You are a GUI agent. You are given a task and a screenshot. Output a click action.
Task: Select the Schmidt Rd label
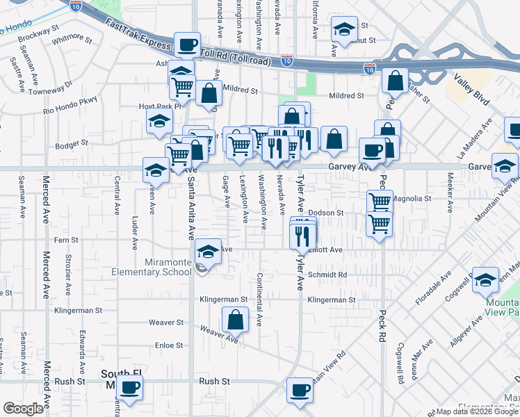tap(327, 275)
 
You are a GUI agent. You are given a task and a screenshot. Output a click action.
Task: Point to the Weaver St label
tap(166, 322)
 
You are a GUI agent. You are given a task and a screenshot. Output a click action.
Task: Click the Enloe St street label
tap(168, 345)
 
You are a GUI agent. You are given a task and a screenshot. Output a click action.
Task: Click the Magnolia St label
tap(412, 198)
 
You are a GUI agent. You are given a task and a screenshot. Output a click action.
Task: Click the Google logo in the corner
tap(23, 409)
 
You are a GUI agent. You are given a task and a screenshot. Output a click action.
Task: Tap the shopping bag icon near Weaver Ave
tap(235, 321)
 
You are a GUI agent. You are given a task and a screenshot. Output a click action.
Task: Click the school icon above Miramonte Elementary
tap(207, 252)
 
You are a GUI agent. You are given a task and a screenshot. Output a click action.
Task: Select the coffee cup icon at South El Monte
tap(130, 387)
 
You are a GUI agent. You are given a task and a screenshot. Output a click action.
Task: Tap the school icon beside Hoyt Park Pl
tap(160, 121)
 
